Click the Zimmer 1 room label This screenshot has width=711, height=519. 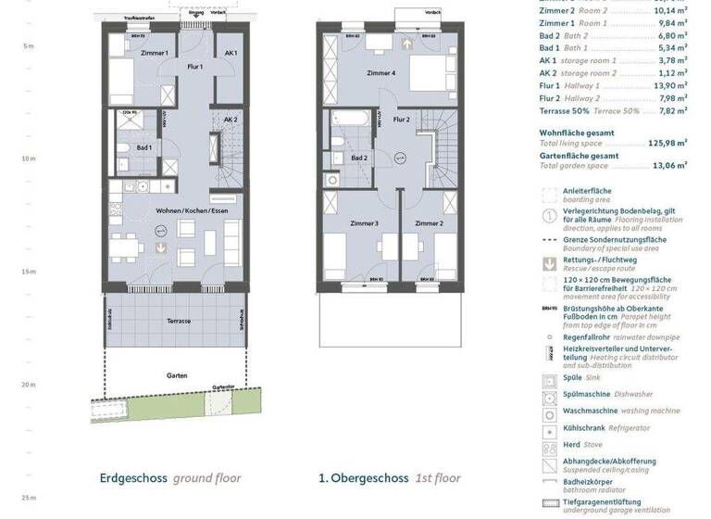tap(154, 54)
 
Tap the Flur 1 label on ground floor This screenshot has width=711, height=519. tap(195, 67)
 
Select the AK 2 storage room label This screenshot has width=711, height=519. tap(230, 120)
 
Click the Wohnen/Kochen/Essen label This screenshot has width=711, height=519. tap(193, 211)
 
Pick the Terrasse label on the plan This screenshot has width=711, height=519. tap(180, 321)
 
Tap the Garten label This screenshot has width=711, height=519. tap(179, 375)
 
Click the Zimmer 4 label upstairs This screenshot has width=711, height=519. tap(380, 72)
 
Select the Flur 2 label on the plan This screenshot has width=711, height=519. tap(402, 120)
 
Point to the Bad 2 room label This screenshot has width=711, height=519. tap(360, 158)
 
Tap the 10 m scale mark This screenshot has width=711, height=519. tap(28, 158)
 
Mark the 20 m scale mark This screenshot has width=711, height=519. tap(28, 384)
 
